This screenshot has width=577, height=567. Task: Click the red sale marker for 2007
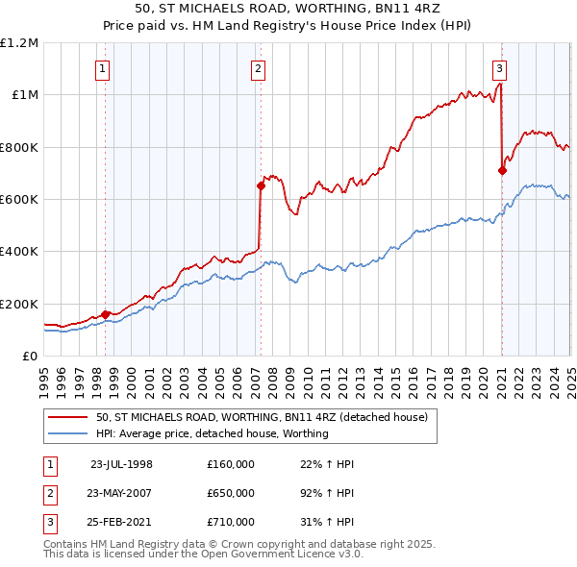261,186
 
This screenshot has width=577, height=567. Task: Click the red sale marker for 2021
502,171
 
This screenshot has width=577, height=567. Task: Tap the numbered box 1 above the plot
102,68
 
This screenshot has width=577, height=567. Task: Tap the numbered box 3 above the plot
500,68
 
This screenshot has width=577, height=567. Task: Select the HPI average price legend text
212,433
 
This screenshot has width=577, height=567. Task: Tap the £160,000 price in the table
231,464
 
